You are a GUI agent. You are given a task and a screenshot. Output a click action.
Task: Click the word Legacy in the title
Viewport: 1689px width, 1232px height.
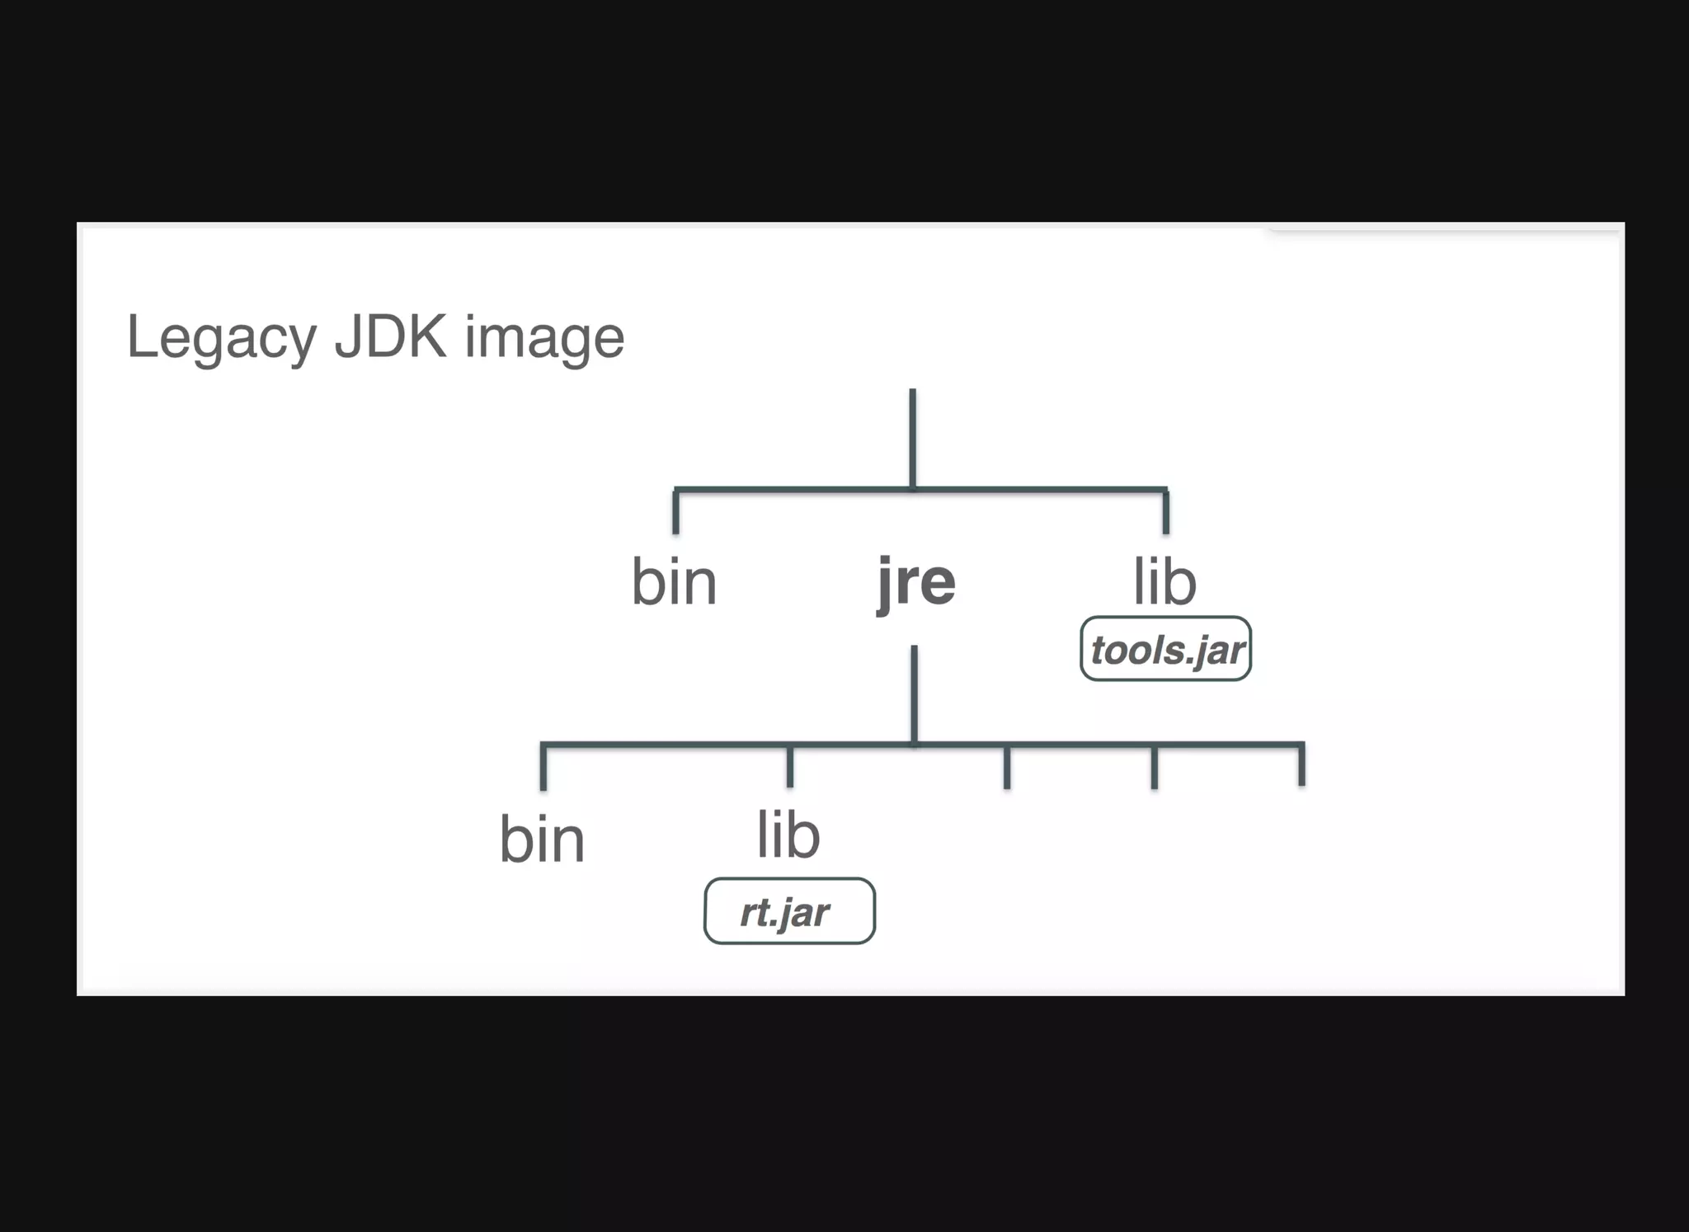pos(221,337)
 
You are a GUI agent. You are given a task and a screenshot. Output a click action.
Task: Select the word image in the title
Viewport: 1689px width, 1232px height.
pos(544,337)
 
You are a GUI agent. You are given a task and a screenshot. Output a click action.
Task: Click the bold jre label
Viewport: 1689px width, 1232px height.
pos(916,582)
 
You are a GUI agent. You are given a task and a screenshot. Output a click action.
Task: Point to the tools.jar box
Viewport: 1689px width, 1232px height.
pos(1165,649)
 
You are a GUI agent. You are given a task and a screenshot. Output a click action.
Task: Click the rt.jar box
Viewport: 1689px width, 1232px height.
pos(789,911)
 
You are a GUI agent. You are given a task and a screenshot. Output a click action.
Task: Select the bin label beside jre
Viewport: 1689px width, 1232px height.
pos(674,582)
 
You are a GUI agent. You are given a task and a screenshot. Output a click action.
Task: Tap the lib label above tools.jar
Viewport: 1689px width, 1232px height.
pos(1164,582)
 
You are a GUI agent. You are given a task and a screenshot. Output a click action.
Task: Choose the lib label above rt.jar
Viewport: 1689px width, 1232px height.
pos(788,835)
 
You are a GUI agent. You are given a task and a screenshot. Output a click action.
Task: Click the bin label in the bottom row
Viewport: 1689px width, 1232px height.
pos(542,839)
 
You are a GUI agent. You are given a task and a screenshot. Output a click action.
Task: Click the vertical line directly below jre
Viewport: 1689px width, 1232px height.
pos(914,693)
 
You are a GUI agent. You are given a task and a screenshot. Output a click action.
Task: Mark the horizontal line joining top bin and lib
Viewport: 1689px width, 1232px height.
pos(792,490)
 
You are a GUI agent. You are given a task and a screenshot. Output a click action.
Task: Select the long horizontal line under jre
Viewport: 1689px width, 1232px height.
pos(1072,745)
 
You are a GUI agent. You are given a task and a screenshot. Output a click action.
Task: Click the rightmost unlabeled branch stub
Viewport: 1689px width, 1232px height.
pos(1301,766)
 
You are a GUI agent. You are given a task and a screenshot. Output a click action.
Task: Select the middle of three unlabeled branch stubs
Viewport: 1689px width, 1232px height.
pos(1154,768)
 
